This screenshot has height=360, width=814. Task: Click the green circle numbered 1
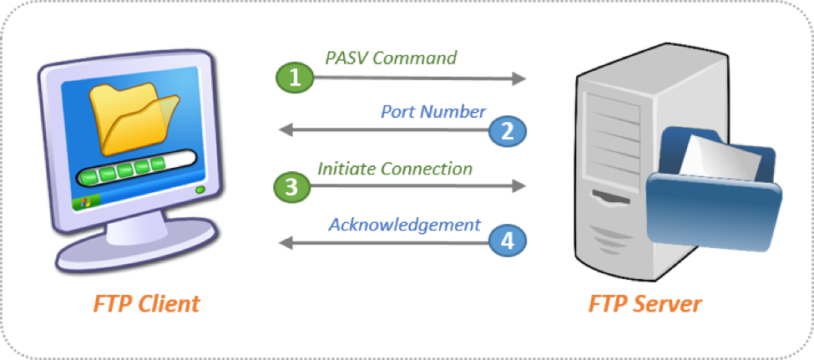click(293, 78)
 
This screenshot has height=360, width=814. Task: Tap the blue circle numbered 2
click(506, 130)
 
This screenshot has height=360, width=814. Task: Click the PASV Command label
click(391, 58)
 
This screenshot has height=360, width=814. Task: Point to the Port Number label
click(433, 111)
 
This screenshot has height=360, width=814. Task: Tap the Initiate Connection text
click(395, 168)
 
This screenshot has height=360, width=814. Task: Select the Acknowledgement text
click(404, 224)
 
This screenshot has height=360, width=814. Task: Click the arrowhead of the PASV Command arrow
click(520, 79)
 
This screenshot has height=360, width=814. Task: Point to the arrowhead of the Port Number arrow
click(285, 131)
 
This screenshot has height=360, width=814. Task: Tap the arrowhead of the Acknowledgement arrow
click(285, 242)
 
